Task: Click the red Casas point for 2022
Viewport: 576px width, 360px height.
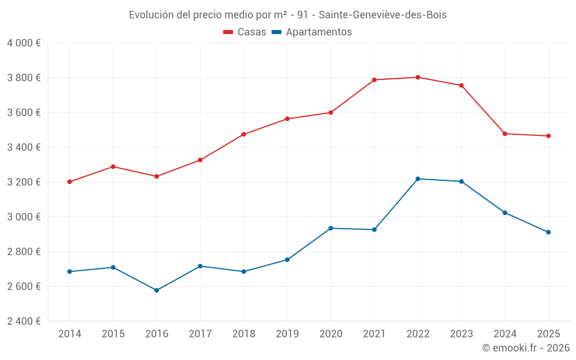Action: [x=418, y=77]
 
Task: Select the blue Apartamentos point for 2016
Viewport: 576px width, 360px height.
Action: [x=157, y=290]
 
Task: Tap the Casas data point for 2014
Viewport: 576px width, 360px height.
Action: [x=70, y=182]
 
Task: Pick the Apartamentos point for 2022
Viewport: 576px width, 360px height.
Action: [x=418, y=179]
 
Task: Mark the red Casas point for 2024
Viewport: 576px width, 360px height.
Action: [x=505, y=134]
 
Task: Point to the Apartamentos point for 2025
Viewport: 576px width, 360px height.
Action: [x=548, y=232]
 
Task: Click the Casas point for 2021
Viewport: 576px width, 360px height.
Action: [x=374, y=80]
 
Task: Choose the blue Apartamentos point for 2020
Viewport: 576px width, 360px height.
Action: [x=331, y=228]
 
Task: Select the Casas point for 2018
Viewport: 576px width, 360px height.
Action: [x=244, y=134]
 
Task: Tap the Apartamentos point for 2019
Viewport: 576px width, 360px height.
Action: [x=287, y=260]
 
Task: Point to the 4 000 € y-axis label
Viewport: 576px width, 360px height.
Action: [x=24, y=43]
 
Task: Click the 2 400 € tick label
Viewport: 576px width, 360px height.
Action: [x=24, y=321]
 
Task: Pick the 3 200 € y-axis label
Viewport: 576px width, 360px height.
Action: [x=24, y=182]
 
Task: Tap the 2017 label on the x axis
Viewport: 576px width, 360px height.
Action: [x=200, y=334]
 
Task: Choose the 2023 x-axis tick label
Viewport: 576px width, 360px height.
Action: [x=461, y=334]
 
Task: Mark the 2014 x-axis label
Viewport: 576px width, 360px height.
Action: [x=70, y=334]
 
